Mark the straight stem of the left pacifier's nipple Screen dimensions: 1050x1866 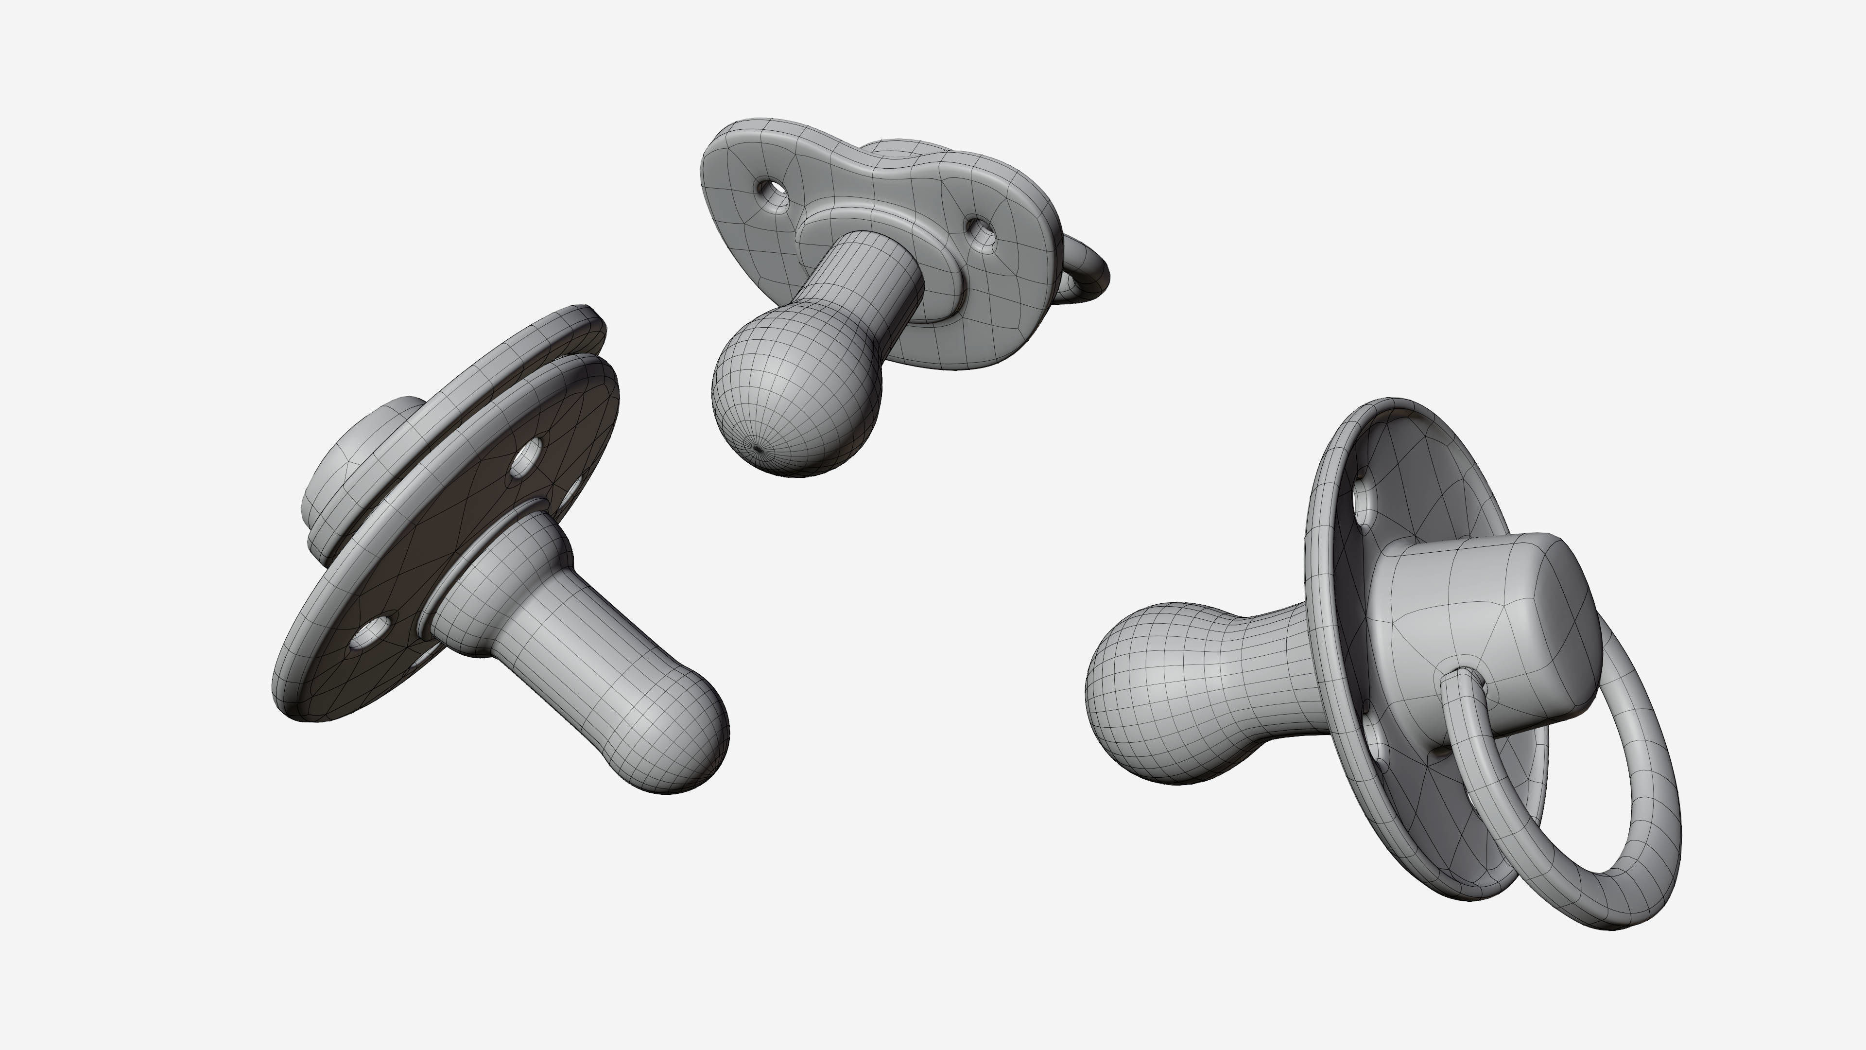tap(572, 638)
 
